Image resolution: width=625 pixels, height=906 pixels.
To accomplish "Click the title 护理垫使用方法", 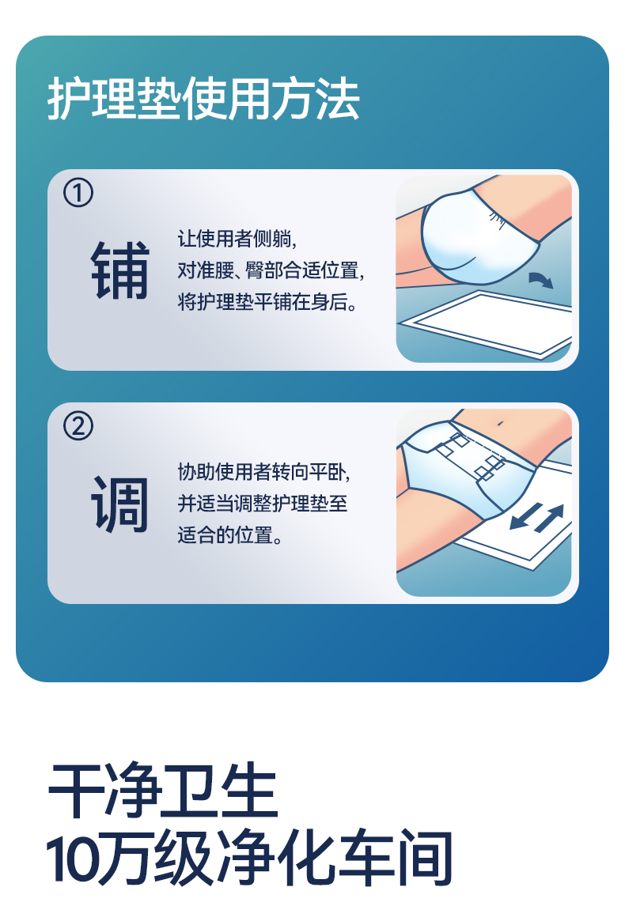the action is (203, 99).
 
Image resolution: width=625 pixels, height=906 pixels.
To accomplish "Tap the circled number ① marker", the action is (78, 193).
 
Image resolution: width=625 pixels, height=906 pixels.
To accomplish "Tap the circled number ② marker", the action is (78, 426).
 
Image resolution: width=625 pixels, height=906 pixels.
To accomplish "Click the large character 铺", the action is (120, 270).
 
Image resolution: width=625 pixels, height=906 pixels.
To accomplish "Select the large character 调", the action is (120, 504).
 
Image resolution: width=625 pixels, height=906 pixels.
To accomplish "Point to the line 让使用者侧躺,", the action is (237, 238).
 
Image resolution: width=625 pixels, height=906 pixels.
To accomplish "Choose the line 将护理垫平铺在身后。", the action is (267, 302).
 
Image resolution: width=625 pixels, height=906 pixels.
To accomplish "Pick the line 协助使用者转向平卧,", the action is (263, 472).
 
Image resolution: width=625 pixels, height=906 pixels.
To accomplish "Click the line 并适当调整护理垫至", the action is (263, 504).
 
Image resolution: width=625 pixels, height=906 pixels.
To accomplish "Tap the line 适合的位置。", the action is (230, 535).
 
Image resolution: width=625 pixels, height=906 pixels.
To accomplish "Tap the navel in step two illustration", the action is (500, 424).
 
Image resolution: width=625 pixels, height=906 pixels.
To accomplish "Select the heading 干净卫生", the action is (162, 790).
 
